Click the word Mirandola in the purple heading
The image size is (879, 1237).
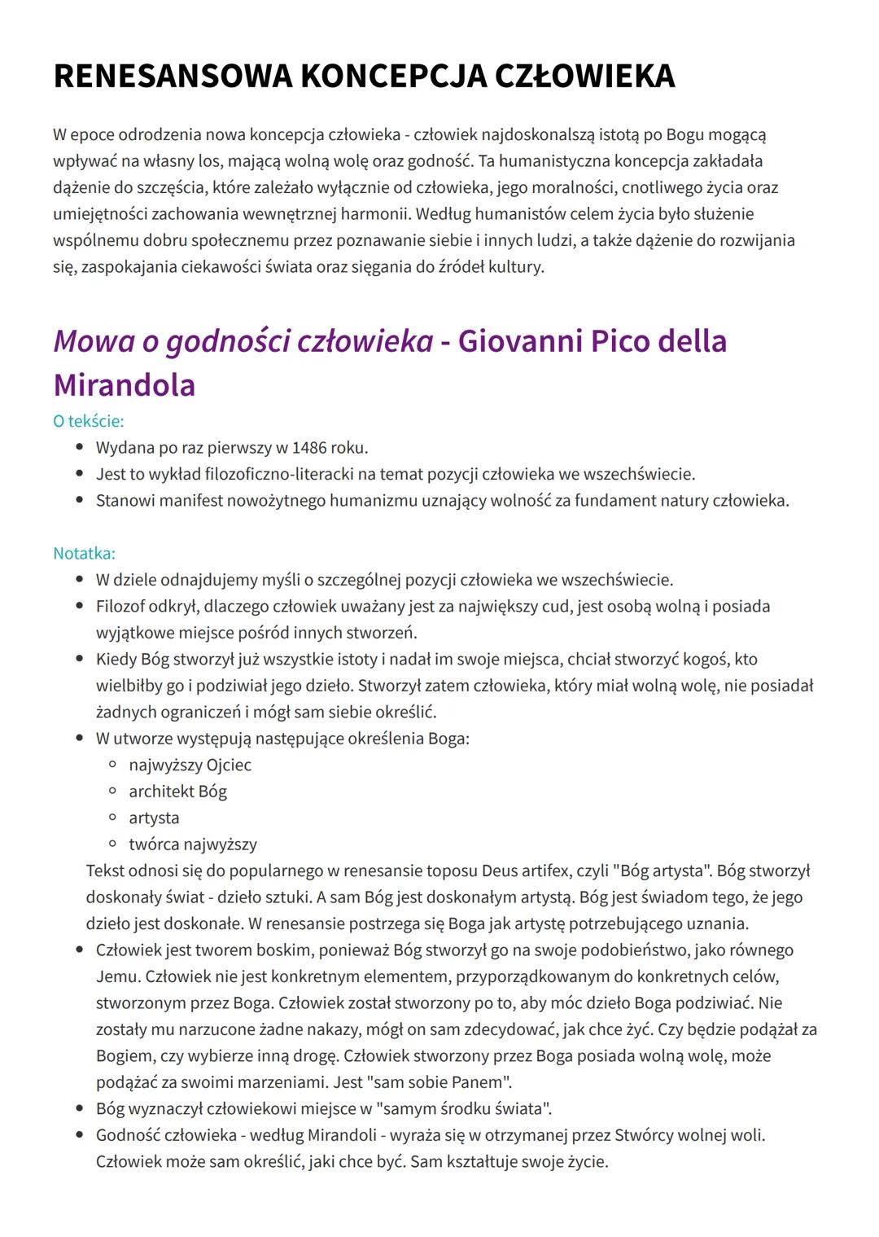click(125, 384)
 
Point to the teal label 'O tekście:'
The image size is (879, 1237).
click(88, 421)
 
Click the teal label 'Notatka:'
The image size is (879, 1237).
click(84, 553)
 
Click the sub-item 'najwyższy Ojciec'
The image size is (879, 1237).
click(190, 765)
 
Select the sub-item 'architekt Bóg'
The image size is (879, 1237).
click(177, 791)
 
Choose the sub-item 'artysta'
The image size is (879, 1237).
click(154, 818)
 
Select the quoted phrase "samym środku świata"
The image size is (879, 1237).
click(462, 1108)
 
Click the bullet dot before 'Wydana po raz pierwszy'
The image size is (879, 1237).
click(79, 447)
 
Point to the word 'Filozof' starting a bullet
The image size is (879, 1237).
click(123, 606)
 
